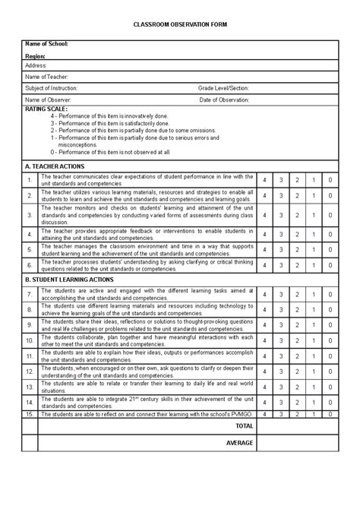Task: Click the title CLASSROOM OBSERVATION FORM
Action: [x=180, y=25]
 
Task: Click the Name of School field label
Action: [x=46, y=45]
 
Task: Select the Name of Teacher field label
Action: [x=46, y=77]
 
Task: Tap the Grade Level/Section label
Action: [x=223, y=88]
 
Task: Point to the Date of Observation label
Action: [x=225, y=100]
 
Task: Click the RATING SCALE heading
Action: [x=46, y=109]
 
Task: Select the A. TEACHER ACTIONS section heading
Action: [x=55, y=166]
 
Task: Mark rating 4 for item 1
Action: [x=264, y=180]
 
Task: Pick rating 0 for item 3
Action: [x=330, y=215]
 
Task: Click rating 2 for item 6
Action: [x=297, y=265]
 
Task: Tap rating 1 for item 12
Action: [x=314, y=372]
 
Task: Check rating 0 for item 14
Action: [x=330, y=403]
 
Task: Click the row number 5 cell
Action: [x=30, y=249]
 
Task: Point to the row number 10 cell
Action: [x=30, y=340]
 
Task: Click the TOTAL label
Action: [x=245, y=426]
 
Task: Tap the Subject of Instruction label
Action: [x=51, y=88]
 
